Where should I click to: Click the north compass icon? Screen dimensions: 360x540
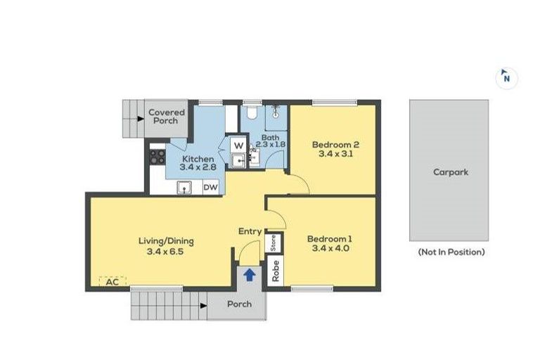506,77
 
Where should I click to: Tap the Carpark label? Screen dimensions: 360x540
450,172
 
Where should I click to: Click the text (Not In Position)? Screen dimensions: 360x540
451,252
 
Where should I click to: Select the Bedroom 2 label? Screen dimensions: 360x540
332,145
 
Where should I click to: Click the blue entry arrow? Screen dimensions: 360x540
249,275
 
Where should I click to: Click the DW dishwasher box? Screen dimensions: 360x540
210,187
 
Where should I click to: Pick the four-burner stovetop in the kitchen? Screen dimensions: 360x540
157,157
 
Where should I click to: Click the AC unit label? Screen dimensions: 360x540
111,282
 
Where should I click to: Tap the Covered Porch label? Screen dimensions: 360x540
167,116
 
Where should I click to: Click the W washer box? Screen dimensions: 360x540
238,146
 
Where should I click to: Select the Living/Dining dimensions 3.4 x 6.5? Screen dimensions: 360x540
166,250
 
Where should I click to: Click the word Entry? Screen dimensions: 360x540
250,231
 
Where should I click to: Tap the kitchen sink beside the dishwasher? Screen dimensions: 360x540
185,187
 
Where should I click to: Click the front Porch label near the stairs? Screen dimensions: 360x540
239,304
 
